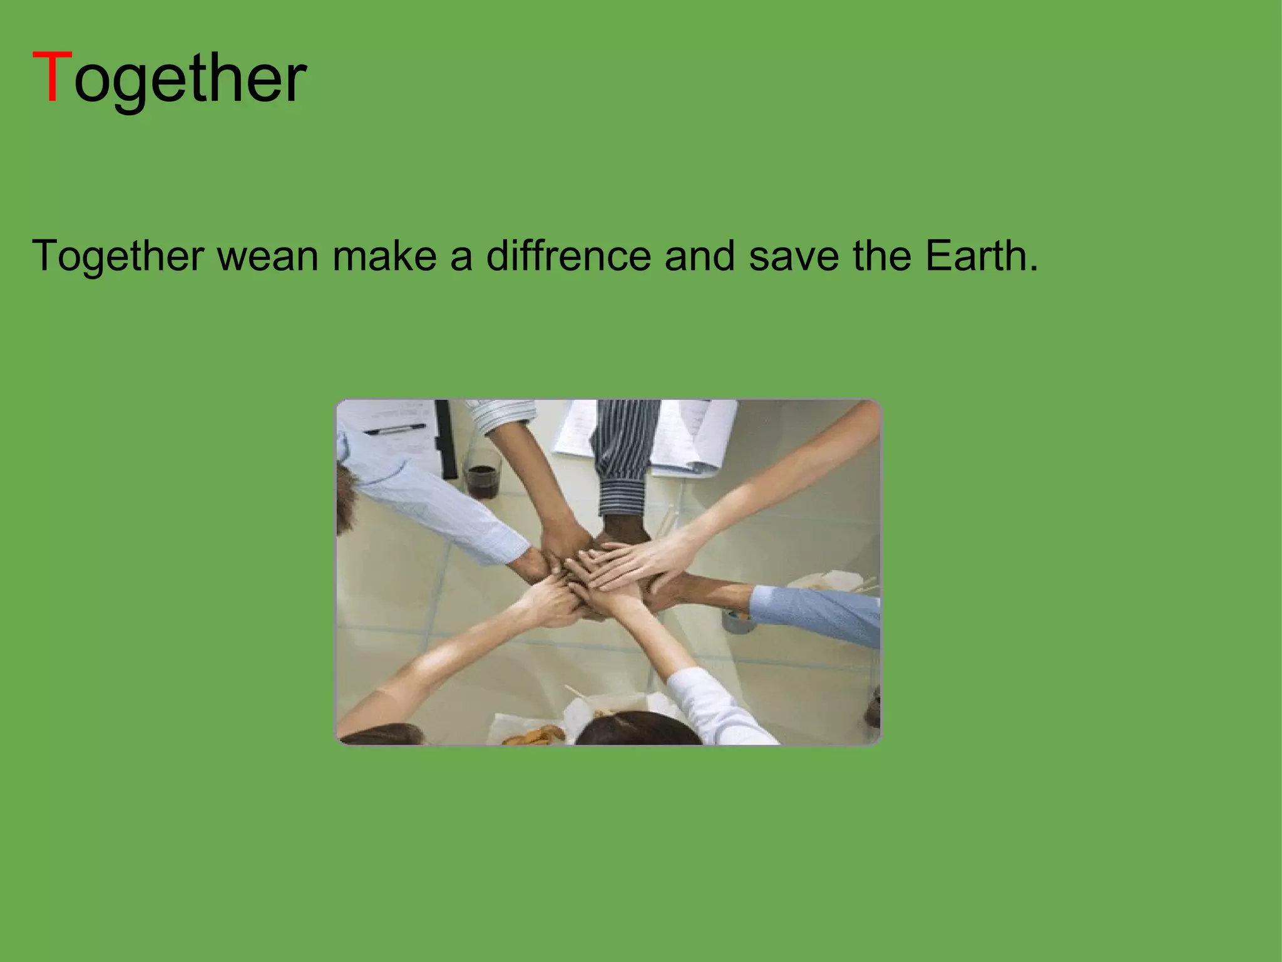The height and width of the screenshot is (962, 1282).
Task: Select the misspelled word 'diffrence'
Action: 568,256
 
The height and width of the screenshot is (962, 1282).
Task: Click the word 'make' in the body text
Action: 384,256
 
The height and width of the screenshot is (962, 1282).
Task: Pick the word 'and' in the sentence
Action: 700,256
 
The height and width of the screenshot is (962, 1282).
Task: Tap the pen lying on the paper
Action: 394,430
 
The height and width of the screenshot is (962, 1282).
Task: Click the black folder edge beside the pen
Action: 446,438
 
